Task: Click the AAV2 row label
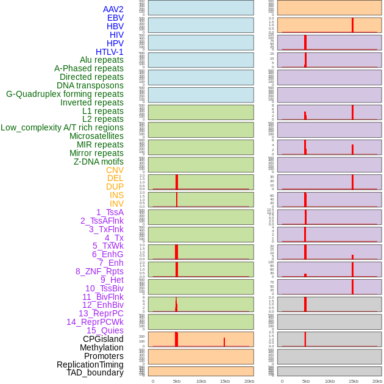click(x=113, y=9)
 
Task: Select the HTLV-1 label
click(x=109, y=52)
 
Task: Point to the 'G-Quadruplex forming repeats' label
click(x=65, y=94)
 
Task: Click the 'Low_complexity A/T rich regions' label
click(x=62, y=127)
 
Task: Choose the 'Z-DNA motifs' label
click(x=99, y=162)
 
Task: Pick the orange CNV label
click(x=115, y=170)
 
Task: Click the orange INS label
click(x=116, y=195)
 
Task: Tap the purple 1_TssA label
click(x=110, y=212)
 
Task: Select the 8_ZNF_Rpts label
click(x=99, y=271)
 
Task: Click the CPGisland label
click(x=103, y=339)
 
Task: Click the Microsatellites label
click(x=96, y=136)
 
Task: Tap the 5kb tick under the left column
click(x=177, y=381)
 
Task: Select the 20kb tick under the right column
click(x=377, y=381)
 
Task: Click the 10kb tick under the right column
click(x=330, y=381)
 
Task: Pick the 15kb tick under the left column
click(x=224, y=381)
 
